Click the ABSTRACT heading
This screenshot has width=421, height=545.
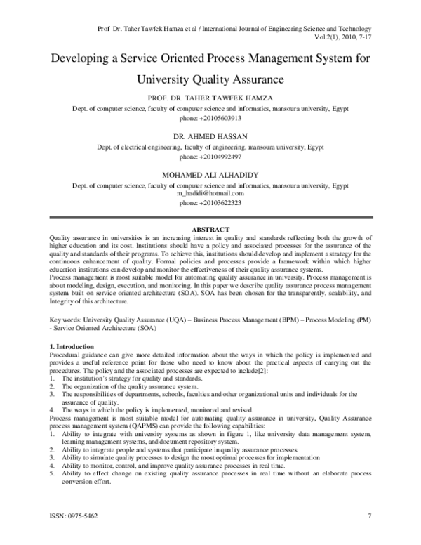[210, 230]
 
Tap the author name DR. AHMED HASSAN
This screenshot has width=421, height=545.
[210, 136]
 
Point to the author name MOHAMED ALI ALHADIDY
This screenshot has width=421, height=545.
[210, 173]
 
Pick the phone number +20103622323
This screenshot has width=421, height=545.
[210, 202]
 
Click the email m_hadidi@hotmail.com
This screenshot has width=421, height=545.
[210, 192]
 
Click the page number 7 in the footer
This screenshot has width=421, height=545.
[368, 518]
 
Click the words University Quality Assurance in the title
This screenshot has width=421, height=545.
[210, 79]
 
